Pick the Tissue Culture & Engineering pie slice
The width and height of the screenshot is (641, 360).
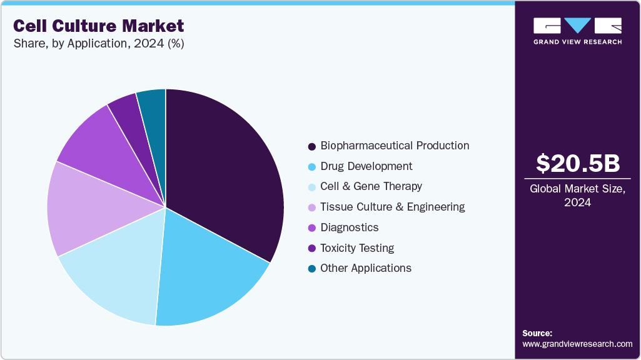(x=78, y=209)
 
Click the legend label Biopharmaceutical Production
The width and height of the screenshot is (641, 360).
(x=394, y=146)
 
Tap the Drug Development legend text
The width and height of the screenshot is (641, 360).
(x=366, y=166)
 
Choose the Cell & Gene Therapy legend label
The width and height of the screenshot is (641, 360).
(x=371, y=186)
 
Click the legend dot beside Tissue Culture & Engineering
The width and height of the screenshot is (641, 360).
(x=311, y=207)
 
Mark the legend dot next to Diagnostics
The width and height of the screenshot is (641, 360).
(x=311, y=228)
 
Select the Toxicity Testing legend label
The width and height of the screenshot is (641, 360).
(x=356, y=248)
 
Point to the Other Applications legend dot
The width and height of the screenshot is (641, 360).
(x=311, y=269)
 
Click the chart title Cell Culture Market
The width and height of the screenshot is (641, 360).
(x=99, y=26)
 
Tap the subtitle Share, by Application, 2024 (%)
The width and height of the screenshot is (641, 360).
(x=98, y=44)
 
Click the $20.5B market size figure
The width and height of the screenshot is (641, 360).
(x=577, y=163)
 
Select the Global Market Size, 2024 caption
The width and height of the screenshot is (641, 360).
(x=577, y=195)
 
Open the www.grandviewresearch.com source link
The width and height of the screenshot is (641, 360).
(x=577, y=344)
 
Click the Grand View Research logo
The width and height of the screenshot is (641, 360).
(x=577, y=31)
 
